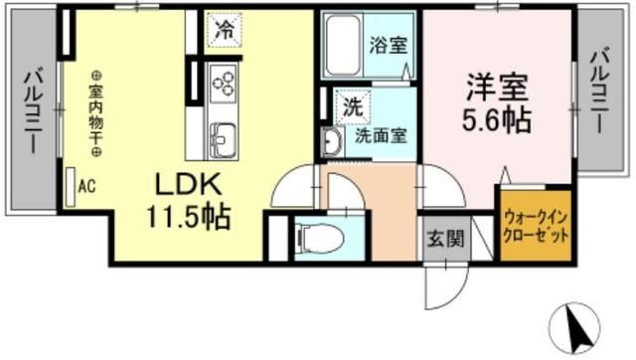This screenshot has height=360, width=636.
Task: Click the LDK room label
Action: pyautogui.click(x=189, y=185)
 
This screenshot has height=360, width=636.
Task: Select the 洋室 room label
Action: pyautogui.click(x=488, y=87)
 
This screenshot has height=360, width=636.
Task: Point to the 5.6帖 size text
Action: pyautogui.click(x=494, y=121)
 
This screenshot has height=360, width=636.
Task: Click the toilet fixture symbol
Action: pyautogui.click(x=319, y=238)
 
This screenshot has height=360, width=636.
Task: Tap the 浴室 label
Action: pyautogui.click(x=386, y=45)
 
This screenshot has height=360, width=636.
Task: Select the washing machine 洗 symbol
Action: pyautogui.click(x=353, y=103)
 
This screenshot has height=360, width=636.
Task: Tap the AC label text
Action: pyautogui.click(x=86, y=185)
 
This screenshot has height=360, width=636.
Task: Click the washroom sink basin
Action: pyautogui.click(x=331, y=141)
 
